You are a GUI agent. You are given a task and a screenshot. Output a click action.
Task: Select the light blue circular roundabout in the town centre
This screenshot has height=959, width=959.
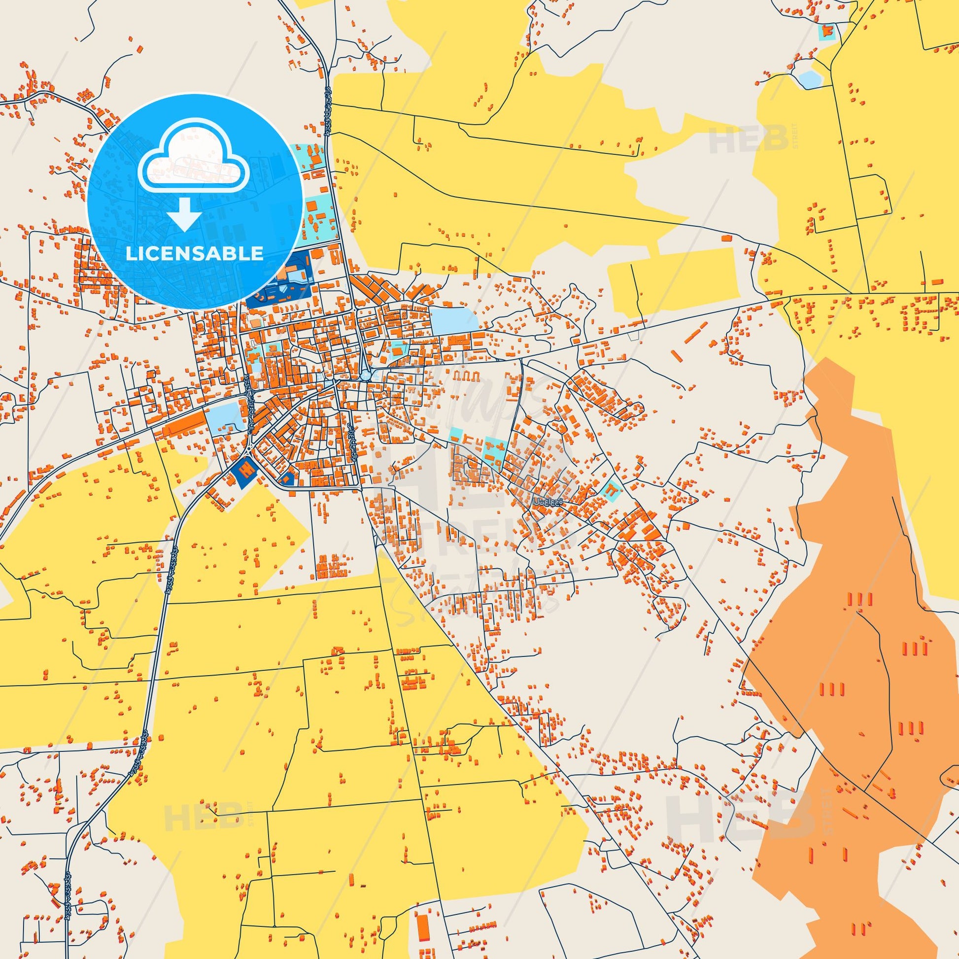pos(366,376)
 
